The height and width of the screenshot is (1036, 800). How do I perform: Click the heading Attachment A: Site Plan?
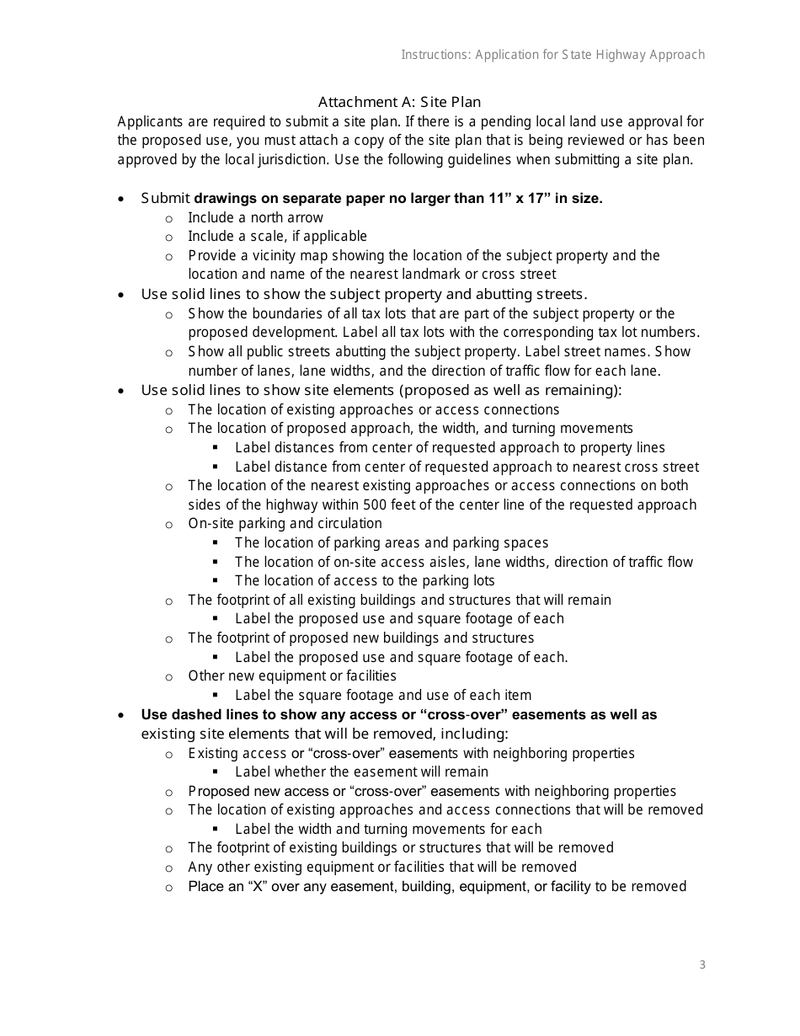tap(399, 102)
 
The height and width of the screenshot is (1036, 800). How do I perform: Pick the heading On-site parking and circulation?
tap(285, 523)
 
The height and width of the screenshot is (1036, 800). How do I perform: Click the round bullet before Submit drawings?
tap(123, 200)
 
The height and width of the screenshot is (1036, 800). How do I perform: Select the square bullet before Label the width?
tap(216, 830)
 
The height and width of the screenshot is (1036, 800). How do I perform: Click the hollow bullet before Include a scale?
tap(169, 237)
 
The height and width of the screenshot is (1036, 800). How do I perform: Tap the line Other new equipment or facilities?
tap(291, 676)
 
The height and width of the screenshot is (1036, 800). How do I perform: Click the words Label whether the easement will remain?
tap(361, 772)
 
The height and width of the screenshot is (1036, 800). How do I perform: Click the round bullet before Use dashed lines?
tap(123, 715)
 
